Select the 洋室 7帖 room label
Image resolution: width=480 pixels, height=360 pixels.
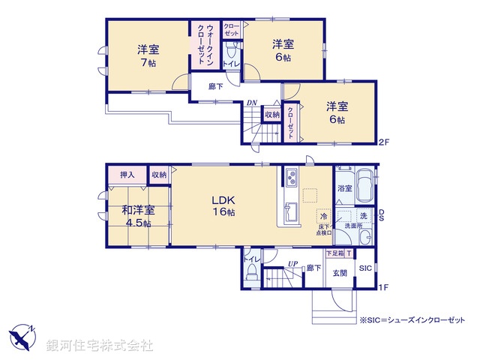(x=148, y=57)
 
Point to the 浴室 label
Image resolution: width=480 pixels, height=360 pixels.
(x=344, y=189)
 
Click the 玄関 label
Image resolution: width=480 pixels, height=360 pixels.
(x=340, y=273)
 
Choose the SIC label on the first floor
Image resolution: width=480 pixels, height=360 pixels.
(x=365, y=268)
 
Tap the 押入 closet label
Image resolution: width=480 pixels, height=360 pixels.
(x=127, y=175)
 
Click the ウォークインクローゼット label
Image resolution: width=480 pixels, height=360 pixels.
(x=202, y=44)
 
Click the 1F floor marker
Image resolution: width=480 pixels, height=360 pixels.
(x=383, y=287)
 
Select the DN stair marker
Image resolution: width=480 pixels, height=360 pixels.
(x=252, y=103)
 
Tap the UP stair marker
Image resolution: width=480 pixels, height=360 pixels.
(x=293, y=263)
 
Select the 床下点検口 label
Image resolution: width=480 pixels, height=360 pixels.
(x=322, y=229)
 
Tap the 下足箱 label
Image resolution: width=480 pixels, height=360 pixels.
(x=334, y=254)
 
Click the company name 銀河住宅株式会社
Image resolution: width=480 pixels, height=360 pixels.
(x=99, y=345)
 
